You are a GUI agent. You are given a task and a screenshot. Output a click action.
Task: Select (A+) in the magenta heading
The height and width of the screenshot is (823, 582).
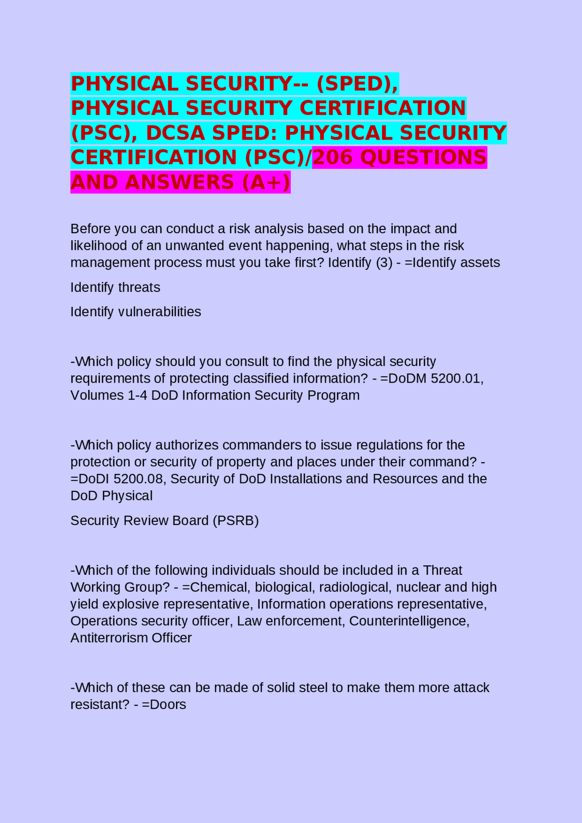266,182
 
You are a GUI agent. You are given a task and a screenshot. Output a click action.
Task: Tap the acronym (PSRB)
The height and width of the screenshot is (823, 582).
236,520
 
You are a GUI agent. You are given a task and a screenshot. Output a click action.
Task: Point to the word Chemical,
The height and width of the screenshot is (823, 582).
217,587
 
